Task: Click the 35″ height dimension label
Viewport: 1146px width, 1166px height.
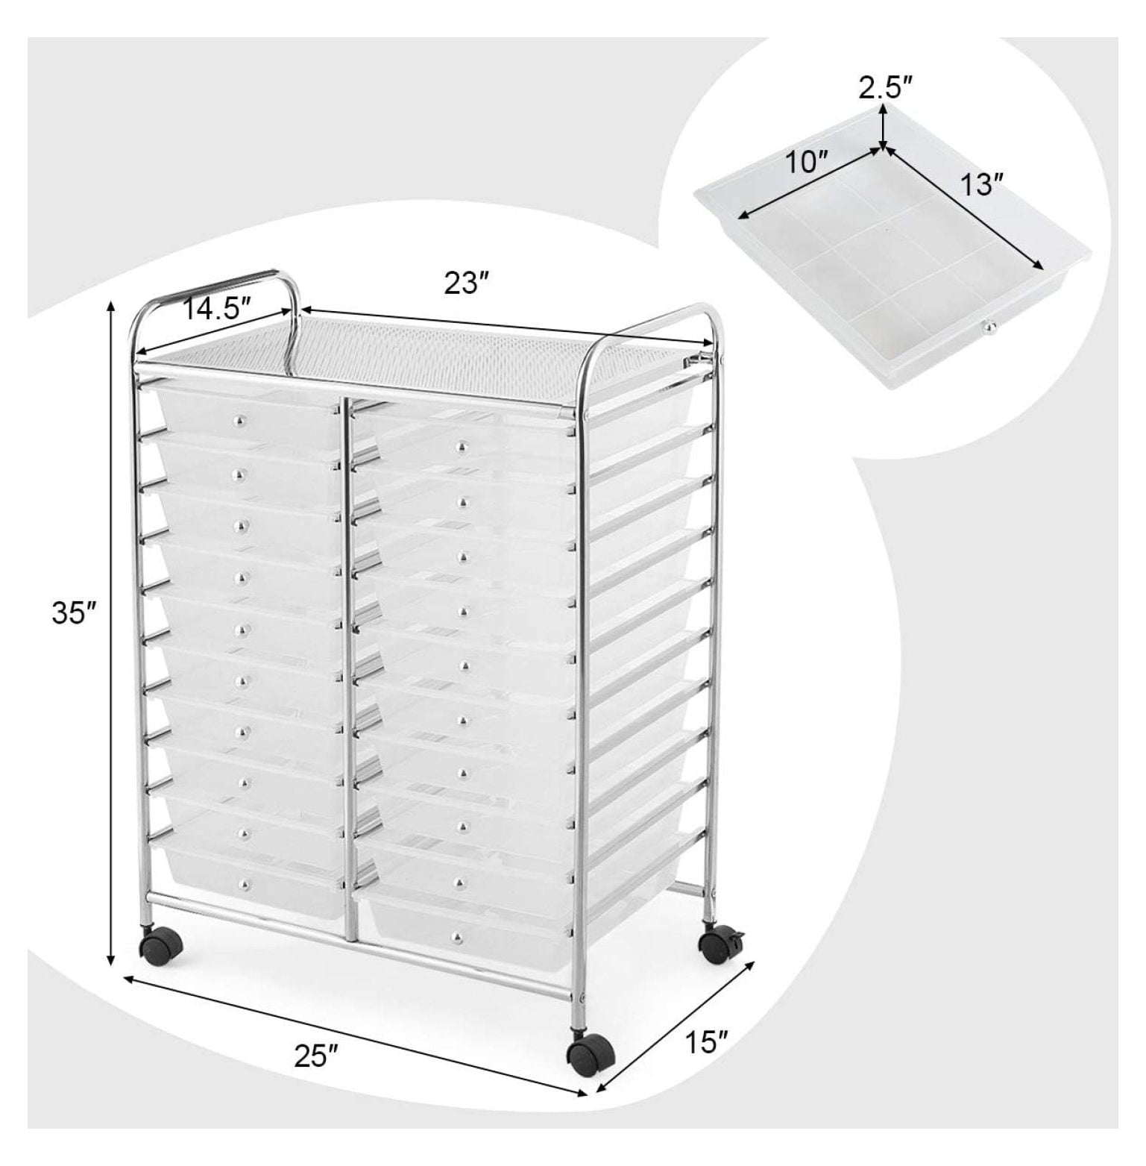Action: (x=75, y=613)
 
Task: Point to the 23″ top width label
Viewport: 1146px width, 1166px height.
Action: (x=467, y=283)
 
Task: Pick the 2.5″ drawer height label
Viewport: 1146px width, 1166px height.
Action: (x=886, y=88)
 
